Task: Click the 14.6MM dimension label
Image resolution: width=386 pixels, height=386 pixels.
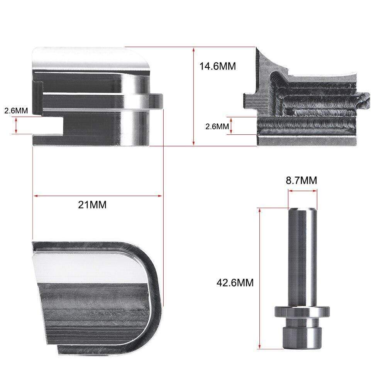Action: [218, 66]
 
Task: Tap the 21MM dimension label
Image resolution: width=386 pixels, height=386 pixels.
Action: [92, 205]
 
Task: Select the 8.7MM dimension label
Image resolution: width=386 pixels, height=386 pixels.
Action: [301, 180]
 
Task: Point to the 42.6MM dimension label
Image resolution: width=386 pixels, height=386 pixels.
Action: [235, 283]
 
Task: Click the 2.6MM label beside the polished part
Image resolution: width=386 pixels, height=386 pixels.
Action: [16, 110]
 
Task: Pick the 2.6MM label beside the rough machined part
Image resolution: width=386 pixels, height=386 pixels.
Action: [217, 126]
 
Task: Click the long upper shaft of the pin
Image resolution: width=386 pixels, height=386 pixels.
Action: [303, 257]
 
